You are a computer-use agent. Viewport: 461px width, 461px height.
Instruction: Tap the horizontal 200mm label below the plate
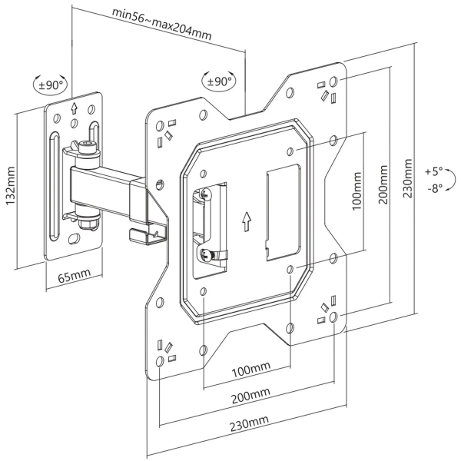[x=249, y=395]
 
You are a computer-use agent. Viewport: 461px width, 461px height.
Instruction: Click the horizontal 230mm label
[x=249, y=420]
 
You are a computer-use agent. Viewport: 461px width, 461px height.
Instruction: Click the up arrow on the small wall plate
[x=74, y=109]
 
